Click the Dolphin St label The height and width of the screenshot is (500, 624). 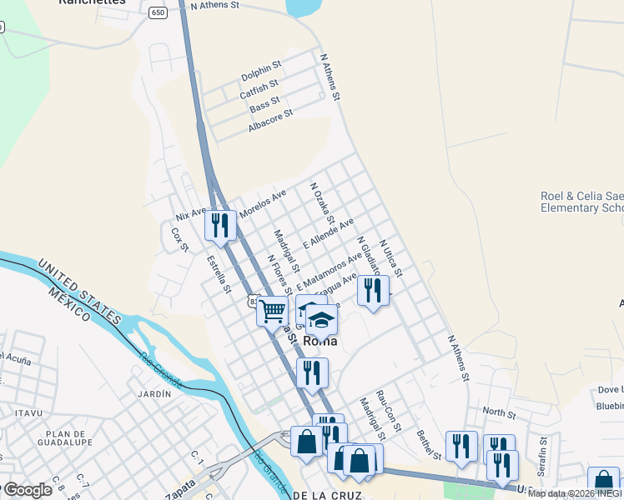point(262,73)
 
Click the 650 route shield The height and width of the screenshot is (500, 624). point(159,13)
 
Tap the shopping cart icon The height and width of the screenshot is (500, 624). point(272,312)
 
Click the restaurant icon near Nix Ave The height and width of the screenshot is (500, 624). point(219,225)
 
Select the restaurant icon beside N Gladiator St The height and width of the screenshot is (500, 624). point(372,290)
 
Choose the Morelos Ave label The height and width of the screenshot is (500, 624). point(262,204)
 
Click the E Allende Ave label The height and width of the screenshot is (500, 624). point(329,233)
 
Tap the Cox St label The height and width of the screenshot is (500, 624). point(180,239)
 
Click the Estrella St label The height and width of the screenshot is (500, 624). point(219,274)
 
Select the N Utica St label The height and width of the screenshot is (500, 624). point(390,258)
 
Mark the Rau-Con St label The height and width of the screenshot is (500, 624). point(389,410)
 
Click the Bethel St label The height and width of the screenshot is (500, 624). point(428,442)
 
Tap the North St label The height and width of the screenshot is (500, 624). point(499,412)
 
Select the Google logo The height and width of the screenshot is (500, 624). point(27,490)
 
